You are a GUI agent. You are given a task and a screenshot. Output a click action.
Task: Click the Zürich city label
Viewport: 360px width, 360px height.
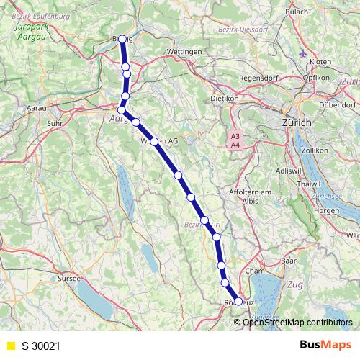pos(297,123)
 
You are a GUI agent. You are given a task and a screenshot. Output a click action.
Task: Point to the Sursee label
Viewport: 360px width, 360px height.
pos(69,277)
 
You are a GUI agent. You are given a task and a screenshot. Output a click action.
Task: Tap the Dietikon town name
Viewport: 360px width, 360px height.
pos(224,98)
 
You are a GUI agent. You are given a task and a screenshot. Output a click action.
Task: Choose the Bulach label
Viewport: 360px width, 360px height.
pos(297,12)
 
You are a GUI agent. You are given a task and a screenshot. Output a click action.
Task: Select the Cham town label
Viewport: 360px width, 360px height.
pos(255,271)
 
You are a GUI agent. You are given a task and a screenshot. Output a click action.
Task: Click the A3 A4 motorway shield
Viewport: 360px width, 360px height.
pos(235,140)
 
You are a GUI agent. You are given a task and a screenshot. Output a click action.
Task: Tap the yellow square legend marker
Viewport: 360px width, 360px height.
pos(10,346)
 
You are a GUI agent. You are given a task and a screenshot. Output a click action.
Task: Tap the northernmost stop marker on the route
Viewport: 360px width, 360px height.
pos(122,39)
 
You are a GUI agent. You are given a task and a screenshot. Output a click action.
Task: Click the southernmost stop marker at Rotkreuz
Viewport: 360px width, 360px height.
pos(239,302)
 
